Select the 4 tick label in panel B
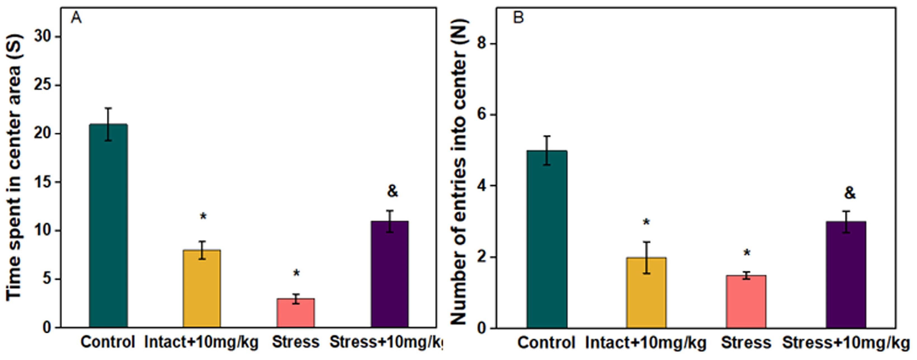(x=482, y=185)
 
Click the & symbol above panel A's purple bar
(x=392, y=191)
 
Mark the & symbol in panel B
(x=850, y=193)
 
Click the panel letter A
(x=76, y=17)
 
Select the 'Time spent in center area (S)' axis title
(x=14, y=167)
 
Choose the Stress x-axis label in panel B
(x=746, y=343)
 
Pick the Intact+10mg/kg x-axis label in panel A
(x=201, y=342)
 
